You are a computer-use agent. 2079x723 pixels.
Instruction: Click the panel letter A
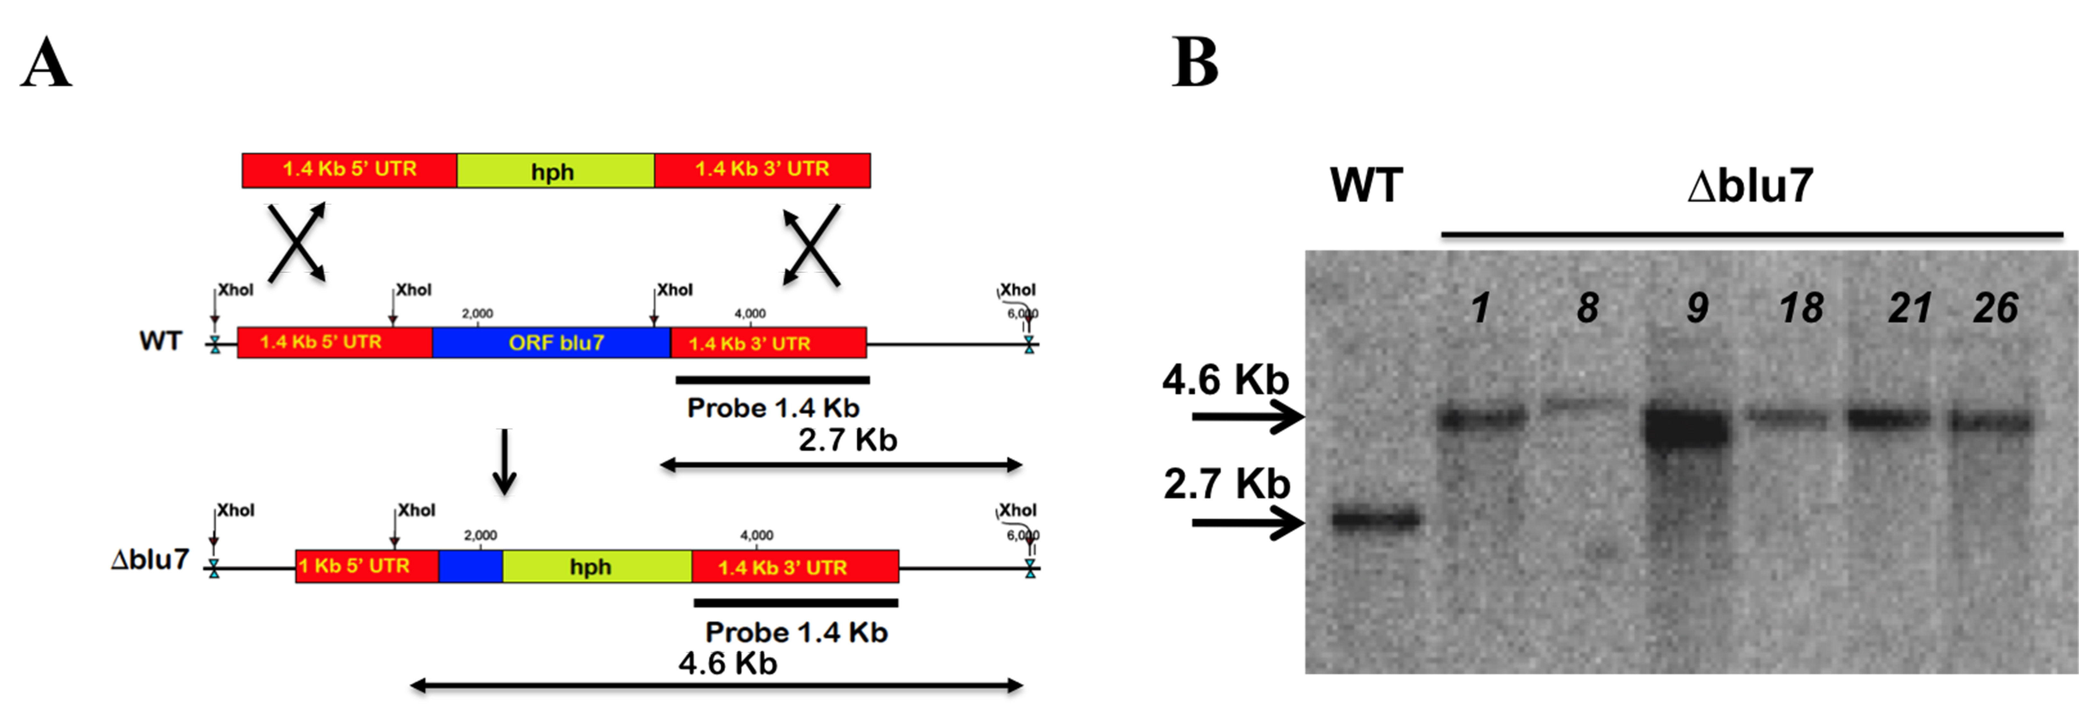point(46,63)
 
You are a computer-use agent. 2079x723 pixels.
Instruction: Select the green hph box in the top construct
point(555,170)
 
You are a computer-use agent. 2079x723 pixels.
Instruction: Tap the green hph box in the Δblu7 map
point(597,566)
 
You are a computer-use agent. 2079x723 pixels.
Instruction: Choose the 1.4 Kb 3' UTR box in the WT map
point(768,342)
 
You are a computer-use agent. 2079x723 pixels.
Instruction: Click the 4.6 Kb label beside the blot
point(1225,379)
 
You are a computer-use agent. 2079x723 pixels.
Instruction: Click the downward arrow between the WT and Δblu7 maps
point(504,462)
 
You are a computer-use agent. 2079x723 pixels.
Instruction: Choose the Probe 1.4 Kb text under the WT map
point(773,407)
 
